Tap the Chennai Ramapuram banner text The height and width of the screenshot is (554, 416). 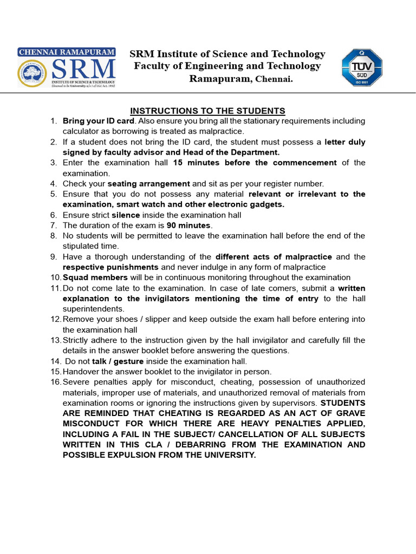click(67, 52)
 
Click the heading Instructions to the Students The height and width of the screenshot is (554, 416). click(207, 110)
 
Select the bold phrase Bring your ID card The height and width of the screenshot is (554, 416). click(98, 121)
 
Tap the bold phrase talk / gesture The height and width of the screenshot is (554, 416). click(118, 361)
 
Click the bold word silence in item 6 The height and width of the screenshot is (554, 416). click(126, 215)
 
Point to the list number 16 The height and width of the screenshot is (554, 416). click(56, 382)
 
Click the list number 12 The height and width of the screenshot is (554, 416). click(56, 319)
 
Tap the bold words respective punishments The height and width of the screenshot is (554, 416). click(110, 267)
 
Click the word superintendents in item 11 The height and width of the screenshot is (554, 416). click(93, 309)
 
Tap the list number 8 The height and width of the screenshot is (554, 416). click(54, 236)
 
